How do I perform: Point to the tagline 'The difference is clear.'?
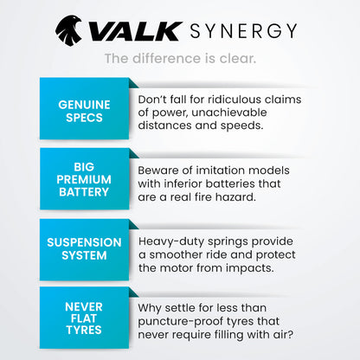179,58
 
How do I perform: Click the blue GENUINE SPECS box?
85,110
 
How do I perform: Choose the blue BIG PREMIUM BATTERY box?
85,178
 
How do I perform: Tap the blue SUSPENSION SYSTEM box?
85,247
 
